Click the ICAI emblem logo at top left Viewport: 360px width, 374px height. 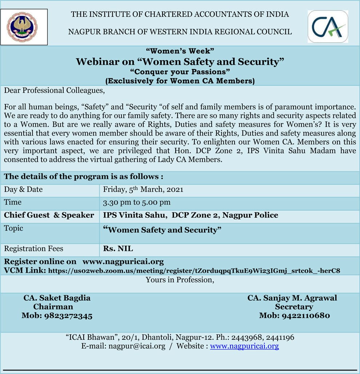[x=24, y=27]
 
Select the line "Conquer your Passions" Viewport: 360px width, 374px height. [x=180, y=72]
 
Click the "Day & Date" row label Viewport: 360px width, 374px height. [x=23, y=189]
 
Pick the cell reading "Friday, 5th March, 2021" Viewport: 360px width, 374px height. [x=143, y=189]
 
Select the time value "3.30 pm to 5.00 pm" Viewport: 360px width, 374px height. [x=137, y=202]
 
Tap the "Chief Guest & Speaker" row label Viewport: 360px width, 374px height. [x=49, y=215]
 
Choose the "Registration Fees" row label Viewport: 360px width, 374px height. [x=33, y=249]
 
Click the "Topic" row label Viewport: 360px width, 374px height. [x=13, y=228]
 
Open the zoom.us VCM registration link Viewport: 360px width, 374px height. [x=194, y=271]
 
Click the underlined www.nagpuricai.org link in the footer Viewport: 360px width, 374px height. [x=244, y=346]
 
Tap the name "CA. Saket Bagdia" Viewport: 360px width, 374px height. [x=57, y=298]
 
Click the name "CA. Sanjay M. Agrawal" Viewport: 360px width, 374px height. [x=292, y=298]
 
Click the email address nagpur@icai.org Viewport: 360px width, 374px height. [x=137, y=346]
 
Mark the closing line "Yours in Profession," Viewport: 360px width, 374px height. [x=180, y=280]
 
